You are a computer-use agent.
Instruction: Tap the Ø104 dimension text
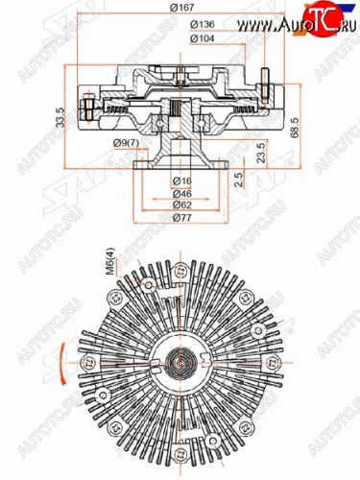pyautogui.click(x=175, y=38)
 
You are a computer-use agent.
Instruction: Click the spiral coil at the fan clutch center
pyautogui.click(x=180, y=364)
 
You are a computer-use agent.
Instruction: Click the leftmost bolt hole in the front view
pyautogui.click(x=88, y=363)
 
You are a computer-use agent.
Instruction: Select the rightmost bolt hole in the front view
pyautogui.click(x=273, y=363)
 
